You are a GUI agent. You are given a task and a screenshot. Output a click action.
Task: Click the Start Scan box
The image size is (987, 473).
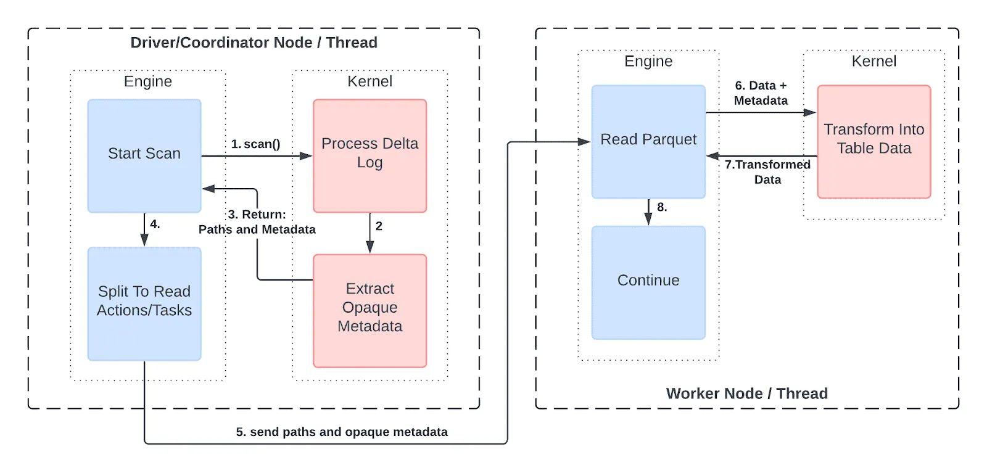pyautogui.click(x=144, y=155)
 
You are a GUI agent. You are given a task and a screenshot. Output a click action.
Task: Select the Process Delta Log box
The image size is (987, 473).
pyautogui.click(x=370, y=155)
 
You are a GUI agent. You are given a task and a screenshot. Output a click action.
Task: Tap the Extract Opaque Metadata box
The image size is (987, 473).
pyautogui.click(x=370, y=310)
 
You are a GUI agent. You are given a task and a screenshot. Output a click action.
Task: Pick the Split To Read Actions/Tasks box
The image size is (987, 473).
pyautogui.click(x=144, y=303)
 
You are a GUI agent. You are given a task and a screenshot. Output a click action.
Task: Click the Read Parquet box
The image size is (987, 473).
pyautogui.click(x=648, y=141)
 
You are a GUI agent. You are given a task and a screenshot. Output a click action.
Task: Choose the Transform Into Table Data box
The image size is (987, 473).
pyautogui.click(x=873, y=141)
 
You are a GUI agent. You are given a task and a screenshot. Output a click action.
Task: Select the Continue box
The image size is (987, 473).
pyautogui.click(x=648, y=282)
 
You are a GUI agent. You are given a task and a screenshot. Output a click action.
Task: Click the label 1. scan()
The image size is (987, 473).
pyautogui.click(x=255, y=144)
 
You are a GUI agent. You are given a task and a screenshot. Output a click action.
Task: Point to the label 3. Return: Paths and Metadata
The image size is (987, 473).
pyautogui.click(x=257, y=222)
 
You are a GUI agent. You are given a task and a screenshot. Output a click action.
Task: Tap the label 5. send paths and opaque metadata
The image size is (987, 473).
pyautogui.click(x=342, y=432)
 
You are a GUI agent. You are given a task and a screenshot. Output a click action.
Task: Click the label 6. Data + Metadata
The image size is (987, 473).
pyautogui.click(x=761, y=93)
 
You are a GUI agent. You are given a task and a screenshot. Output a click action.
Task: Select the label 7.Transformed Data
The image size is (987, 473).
pyautogui.click(x=767, y=172)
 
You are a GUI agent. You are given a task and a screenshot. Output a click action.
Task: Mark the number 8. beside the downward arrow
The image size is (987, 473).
pyautogui.click(x=662, y=207)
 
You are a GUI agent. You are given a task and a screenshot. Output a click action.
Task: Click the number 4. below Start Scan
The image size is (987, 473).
pyautogui.click(x=155, y=224)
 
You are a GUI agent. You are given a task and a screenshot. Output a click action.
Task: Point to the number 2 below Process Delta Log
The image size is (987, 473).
pyautogui.click(x=379, y=226)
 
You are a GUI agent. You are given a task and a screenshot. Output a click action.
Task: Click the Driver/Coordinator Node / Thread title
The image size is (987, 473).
pyautogui.click(x=254, y=43)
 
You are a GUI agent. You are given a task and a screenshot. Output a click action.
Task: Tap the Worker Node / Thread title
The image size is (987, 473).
pyautogui.click(x=746, y=393)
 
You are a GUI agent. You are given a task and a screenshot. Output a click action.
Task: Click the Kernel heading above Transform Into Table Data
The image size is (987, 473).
pyautogui.click(x=873, y=61)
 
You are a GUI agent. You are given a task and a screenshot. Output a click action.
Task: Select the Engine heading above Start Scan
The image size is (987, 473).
pyautogui.click(x=147, y=81)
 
